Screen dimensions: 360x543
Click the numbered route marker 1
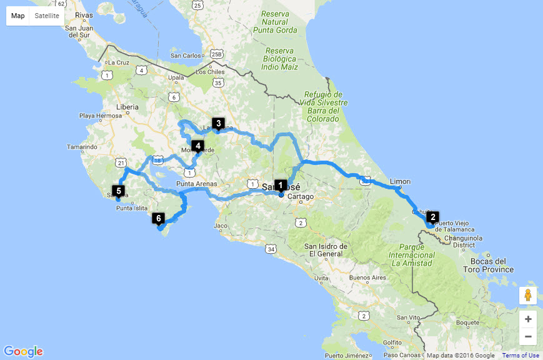pos(281,185)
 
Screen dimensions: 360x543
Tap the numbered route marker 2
pos(433,217)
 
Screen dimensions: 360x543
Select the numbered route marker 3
pos(218,123)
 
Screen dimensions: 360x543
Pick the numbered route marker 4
pos(198,146)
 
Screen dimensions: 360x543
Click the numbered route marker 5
pos(118,191)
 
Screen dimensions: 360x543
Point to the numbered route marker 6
pos(158,218)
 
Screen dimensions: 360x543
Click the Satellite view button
pos(47,16)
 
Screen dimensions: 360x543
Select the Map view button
pos(18,16)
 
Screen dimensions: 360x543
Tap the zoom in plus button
pos(528,319)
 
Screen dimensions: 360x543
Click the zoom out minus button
pos(528,336)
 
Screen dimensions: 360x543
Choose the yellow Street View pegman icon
pos(528,295)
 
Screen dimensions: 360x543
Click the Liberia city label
pos(127,107)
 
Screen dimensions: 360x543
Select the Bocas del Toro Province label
pos(489,265)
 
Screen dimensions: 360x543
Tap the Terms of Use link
pos(521,356)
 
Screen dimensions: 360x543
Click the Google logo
pos(23,351)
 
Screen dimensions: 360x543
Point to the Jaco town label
pos(221,225)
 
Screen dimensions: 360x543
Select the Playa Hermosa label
pos(101,116)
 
